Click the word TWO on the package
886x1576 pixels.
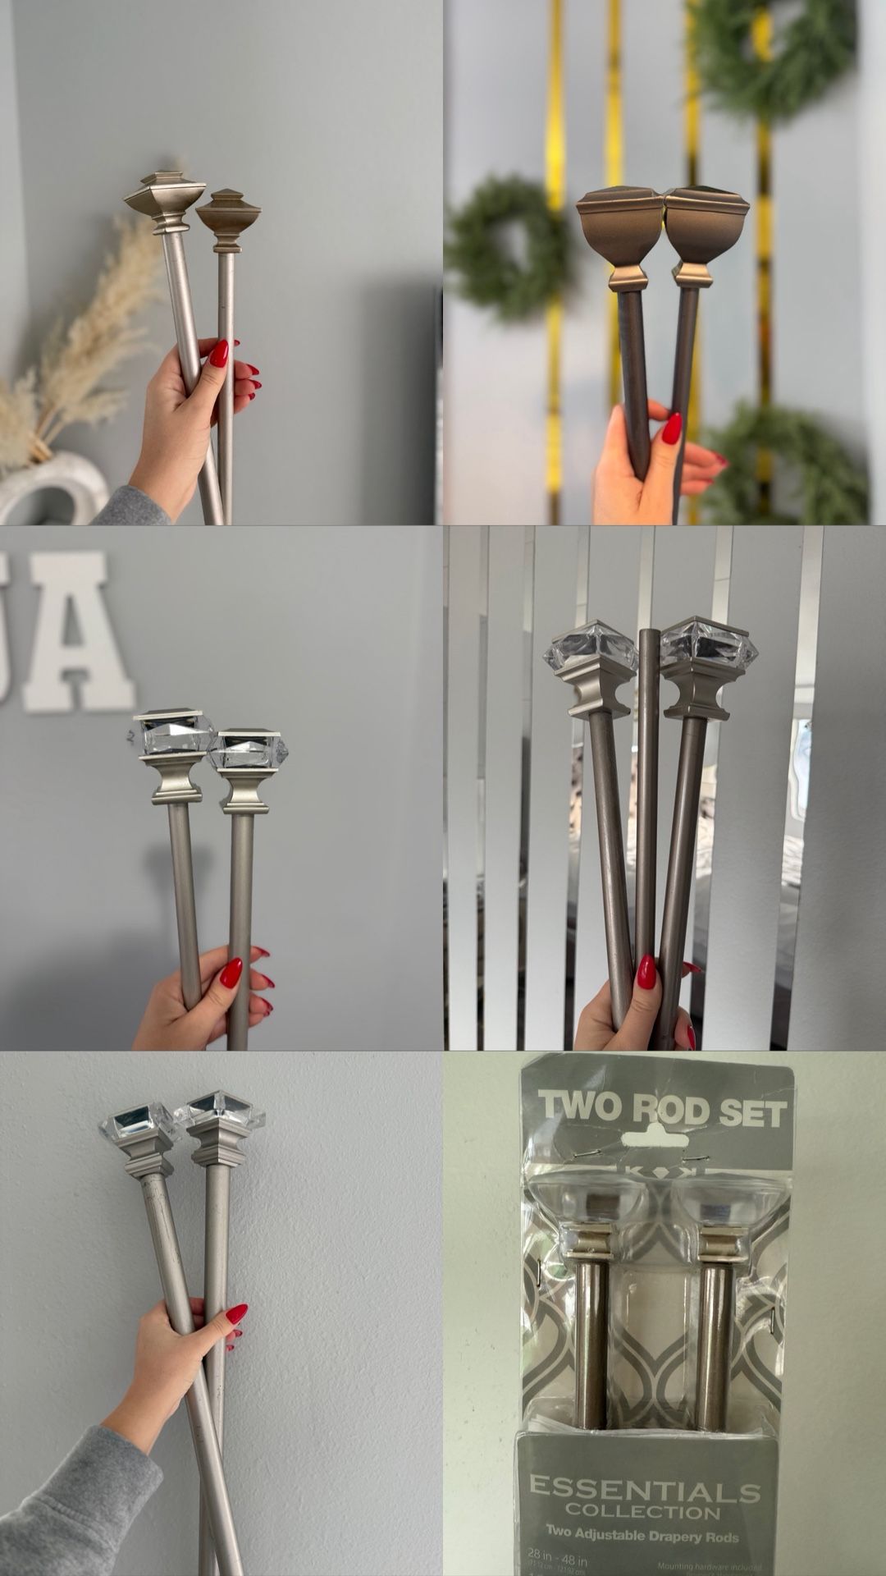(x=582, y=1107)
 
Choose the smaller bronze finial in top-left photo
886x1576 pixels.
(x=228, y=217)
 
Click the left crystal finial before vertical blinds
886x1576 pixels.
(x=589, y=657)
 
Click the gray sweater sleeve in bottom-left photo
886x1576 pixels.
(x=74, y=1502)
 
